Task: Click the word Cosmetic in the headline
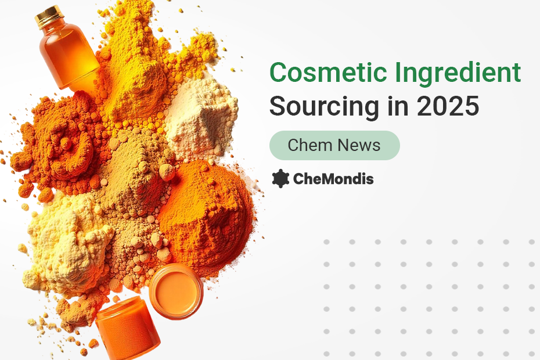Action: pyautogui.click(x=328, y=73)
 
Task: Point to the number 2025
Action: pyautogui.click(x=448, y=106)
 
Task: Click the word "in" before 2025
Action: pyautogui.click(x=398, y=106)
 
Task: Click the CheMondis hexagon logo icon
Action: pyautogui.click(x=280, y=178)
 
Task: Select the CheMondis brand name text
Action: pyautogui.click(x=333, y=179)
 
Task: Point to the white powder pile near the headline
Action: pyautogui.click(x=201, y=117)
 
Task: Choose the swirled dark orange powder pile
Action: pyautogui.click(x=59, y=145)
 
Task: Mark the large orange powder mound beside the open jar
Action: pyautogui.click(x=207, y=214)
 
